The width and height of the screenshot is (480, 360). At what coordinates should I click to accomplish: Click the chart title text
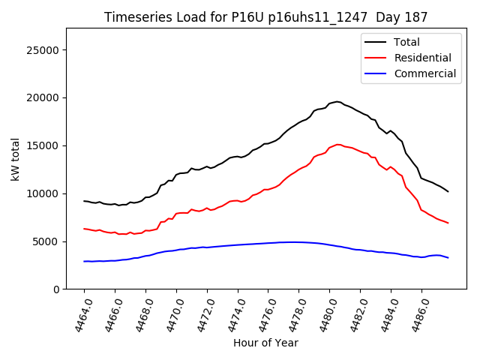[x=265, y=17]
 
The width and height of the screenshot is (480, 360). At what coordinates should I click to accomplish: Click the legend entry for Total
[x=406, y=42]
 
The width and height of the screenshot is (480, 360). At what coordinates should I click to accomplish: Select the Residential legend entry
[x=422, y=58]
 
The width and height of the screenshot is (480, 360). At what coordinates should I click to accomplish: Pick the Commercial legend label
[x=424, y=73]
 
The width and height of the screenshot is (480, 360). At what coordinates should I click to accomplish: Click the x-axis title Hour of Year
[x=265, y=343]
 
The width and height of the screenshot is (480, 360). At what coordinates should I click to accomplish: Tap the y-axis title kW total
[x=16, y=159]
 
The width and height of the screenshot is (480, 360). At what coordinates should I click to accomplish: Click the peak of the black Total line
[x=337, y=101]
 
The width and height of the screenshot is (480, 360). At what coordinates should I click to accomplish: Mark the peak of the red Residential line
[x=337, y=144]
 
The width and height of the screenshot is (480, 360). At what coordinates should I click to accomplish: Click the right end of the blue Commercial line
[x=448, y=257]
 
